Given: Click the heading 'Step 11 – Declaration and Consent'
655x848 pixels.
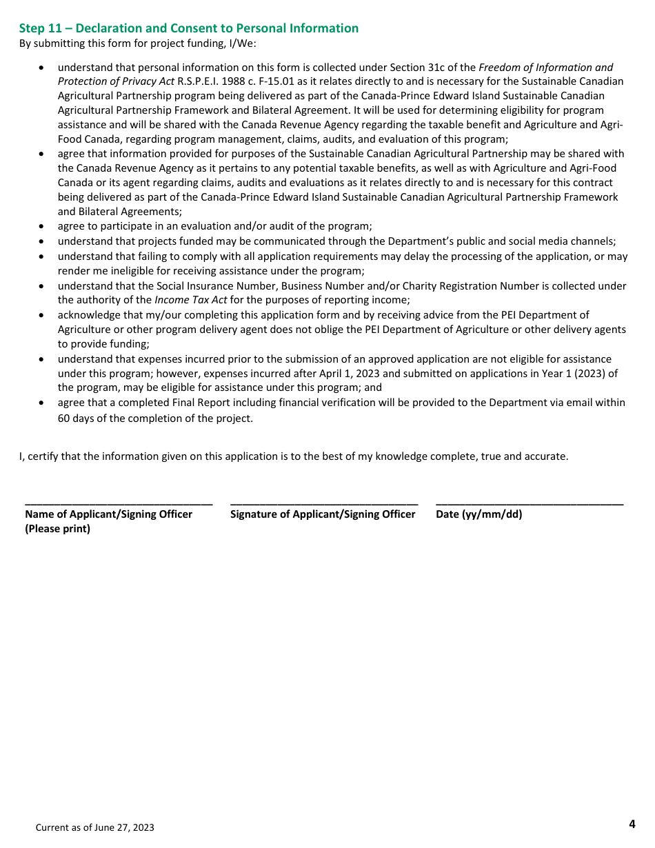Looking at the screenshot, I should pyautogui.click(x=188, y=28).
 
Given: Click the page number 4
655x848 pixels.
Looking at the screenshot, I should pyautogui.click(x=632, y=824).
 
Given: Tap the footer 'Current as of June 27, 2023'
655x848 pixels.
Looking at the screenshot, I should pyautogui.click(x=95, y=827).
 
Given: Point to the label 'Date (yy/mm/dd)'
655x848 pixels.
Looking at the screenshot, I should pyautogui.click(x=478, y=514).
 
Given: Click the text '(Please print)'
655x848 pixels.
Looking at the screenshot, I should pyautogui.click(x=57, y=529).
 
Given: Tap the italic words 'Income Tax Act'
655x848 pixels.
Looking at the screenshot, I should pyautogui.click(x=191, y=300).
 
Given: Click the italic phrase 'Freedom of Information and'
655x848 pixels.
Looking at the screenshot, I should pyautogui.click(x=545, y=68).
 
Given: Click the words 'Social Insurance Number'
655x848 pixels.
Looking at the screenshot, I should pyautogui.click(x=213, y=285).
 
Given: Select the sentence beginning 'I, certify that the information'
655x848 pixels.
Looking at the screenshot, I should pyautogui.click(x=294, y=456).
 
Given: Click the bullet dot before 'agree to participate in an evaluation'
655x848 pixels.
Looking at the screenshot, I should pyautogui.click(x=43, y=227).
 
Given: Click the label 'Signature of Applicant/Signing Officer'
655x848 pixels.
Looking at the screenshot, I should pyautogui.click(x=323, y=514).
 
